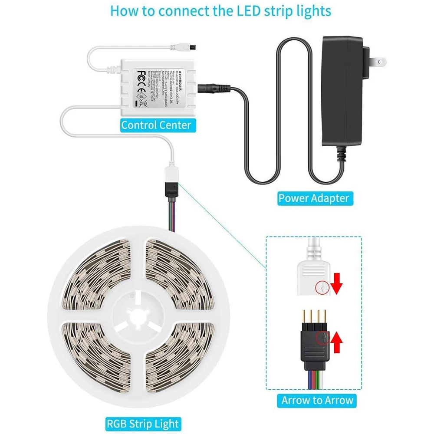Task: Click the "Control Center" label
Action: (x=156, y=125)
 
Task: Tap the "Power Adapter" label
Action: (x=313, y=198)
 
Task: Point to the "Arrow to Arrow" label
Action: (x=318, y=400)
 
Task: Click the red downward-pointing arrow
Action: (x=337, y=285)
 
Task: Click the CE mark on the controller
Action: (x=141, y=87)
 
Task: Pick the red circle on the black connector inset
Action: (x=322, y=338)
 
